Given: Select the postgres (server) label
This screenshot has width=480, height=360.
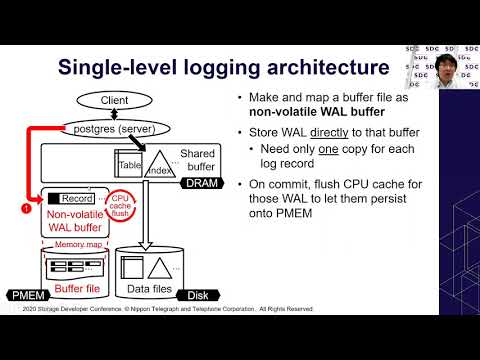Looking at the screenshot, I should [114, 129].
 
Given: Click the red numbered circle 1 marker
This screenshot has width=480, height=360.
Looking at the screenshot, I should [26, 208].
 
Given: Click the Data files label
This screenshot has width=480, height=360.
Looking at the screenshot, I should [150, 290].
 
